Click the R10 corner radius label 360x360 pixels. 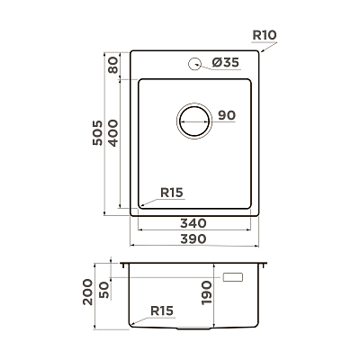pyautogui.click(x=265, y=35)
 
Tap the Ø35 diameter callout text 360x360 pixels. pyautogui.click(x=225, y=62)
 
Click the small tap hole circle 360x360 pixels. pyautogui.click(x=194, y=64)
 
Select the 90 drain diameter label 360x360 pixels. pyautogui.click(x=227, y=115)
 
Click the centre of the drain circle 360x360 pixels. pyautogui.click(x=194, y=121)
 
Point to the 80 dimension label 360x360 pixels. pyautogui.click(x=113, y=66)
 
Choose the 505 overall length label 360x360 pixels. pyautogui.click(x=97, y=133)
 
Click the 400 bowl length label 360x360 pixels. pyautogui.click(x=113, y=133)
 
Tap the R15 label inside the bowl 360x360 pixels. pyautogui.click(x=172, y=193)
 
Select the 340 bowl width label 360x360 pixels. pyautogui.click(x=193, y=223)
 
